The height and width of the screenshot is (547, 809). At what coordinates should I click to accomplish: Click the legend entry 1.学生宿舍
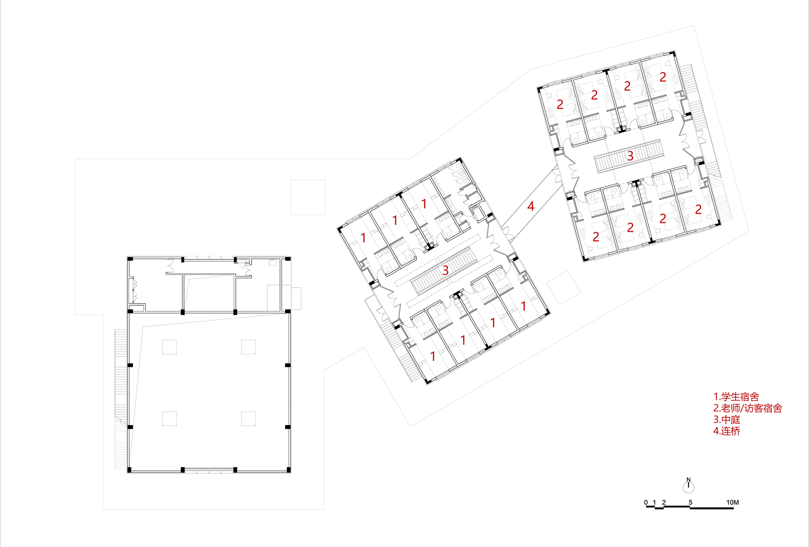coord(736,397)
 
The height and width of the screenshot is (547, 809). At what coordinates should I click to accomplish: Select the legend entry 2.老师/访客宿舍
coord(747,408)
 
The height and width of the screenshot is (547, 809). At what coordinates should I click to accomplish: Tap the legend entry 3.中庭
coord(726,420)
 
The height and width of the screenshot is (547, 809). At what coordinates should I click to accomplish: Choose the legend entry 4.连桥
coord(726,431)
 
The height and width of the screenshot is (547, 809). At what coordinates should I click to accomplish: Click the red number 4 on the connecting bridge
coord(531,207)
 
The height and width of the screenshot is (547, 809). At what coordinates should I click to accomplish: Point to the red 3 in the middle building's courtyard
coord(445,270)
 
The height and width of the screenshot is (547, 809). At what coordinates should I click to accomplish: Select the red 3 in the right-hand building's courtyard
coord(630,156)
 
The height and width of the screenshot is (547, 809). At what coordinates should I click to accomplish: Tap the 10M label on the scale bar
coord(732,503)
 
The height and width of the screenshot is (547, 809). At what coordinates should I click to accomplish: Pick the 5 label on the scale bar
coord(690,503)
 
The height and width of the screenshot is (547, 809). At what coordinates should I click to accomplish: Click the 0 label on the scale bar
coord(646,503)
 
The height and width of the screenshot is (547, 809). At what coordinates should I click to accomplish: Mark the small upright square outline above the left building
coord(308,197)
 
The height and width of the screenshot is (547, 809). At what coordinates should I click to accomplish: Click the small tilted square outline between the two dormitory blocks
coord(563,287)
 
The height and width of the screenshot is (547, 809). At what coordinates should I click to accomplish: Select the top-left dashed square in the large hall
coord(169,347)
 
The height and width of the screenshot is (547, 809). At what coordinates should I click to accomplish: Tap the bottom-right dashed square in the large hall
coord(248,418)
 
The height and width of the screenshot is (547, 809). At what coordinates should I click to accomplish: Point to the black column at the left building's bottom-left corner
coord(129,470)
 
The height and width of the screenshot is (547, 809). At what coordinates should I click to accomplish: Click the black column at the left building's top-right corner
coord(288,259)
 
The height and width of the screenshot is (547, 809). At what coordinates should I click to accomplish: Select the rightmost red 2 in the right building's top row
coord(663,77)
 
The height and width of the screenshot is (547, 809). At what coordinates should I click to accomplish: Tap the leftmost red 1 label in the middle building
coord(363,238)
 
